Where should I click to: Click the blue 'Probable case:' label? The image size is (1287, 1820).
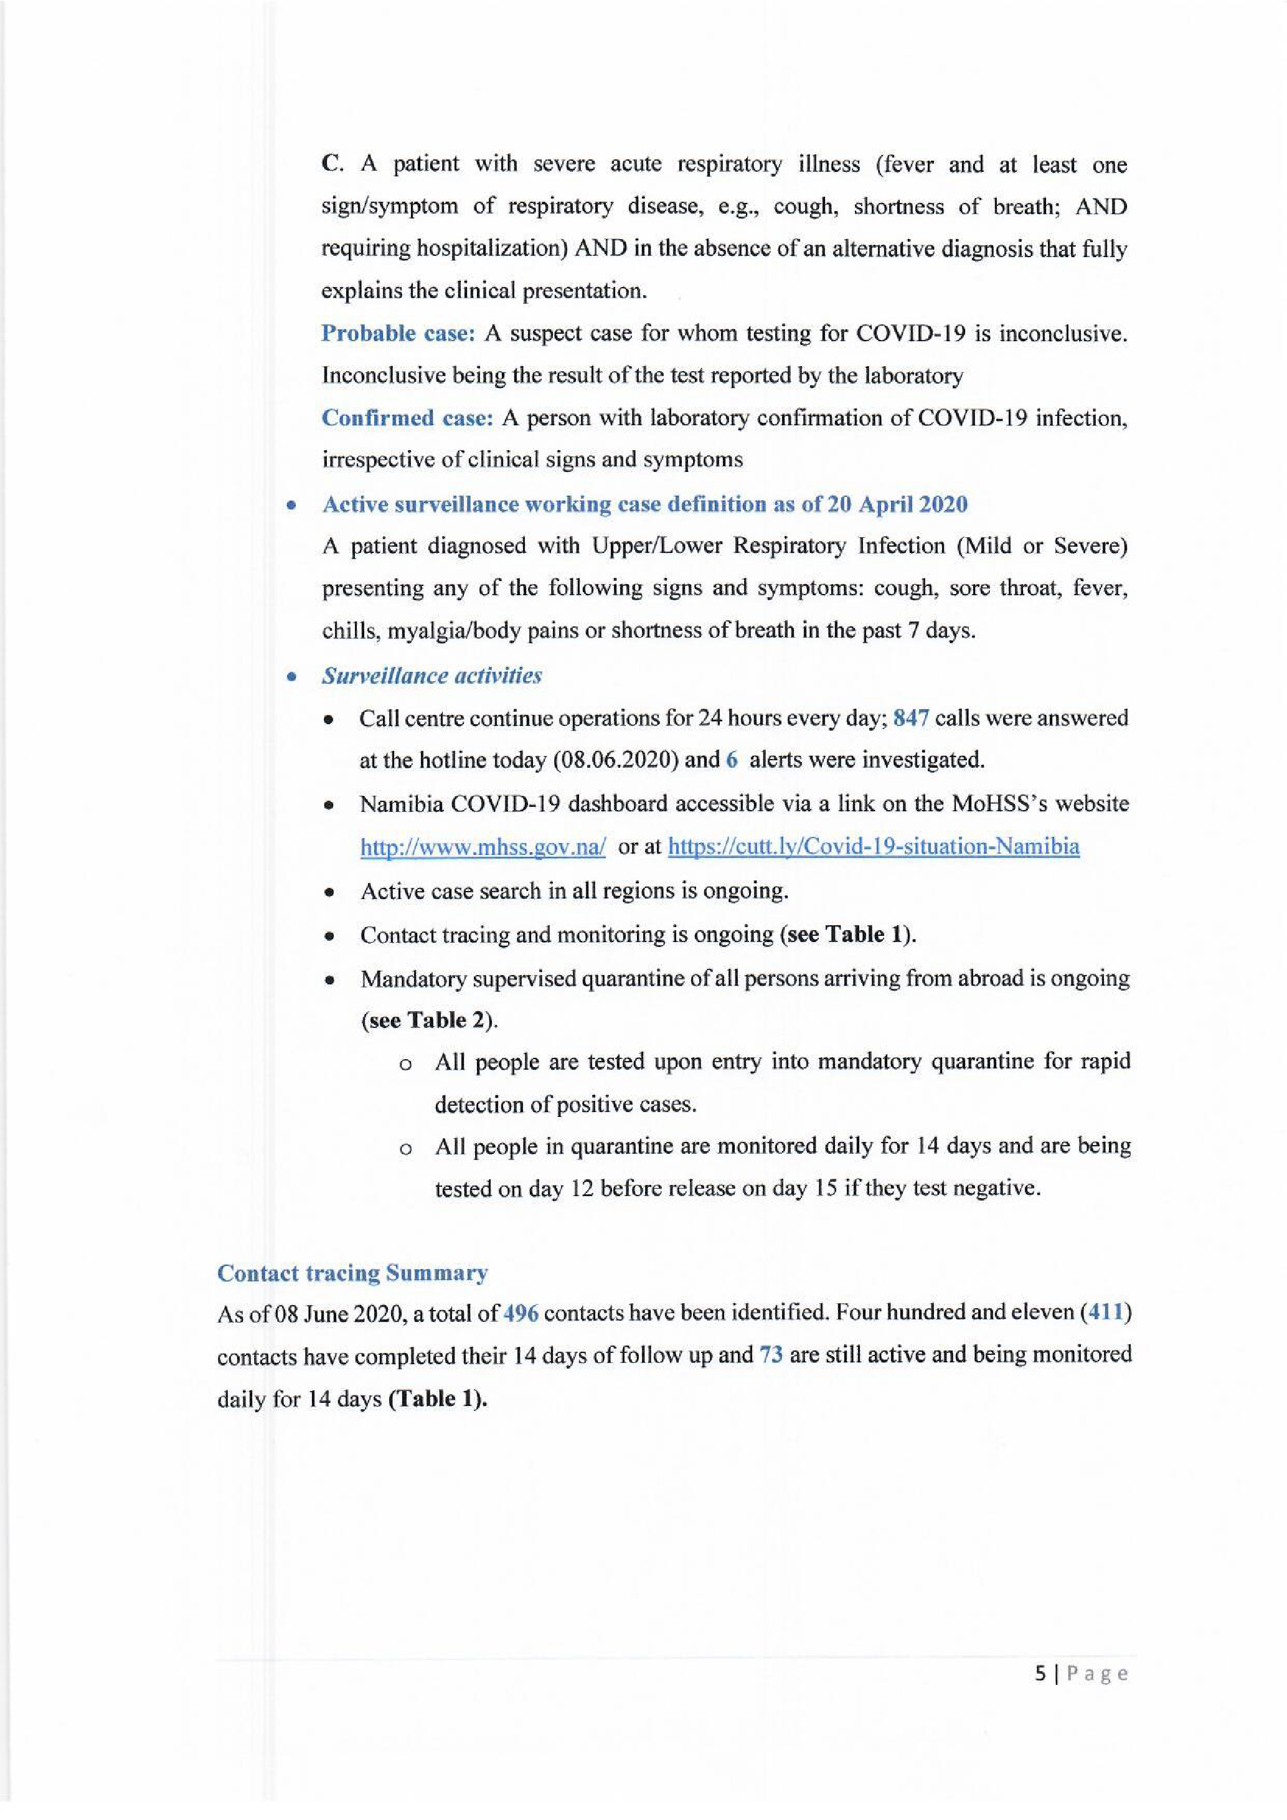click(x=397, y=333)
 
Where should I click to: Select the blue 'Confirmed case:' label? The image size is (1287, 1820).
click(x=407, y=418)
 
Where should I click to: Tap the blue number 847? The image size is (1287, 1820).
click(x=910, y=718)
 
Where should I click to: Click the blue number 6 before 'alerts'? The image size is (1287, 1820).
click(x=732, y=760)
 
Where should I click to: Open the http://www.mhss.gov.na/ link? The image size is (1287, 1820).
click(x=483, y=847)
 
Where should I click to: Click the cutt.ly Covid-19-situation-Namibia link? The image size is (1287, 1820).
click(x=874, y=847)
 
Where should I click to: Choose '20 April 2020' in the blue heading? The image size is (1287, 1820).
click(x=897, y=505)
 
